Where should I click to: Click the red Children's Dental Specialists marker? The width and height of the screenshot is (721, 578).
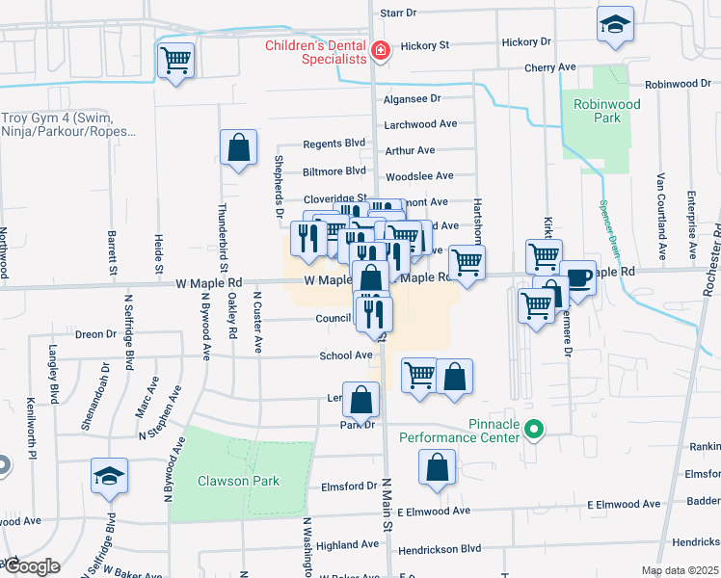pos(381,51)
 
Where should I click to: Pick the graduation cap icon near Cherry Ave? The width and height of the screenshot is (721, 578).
pos(614,26)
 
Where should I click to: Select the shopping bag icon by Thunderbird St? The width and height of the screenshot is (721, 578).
pos(238,148)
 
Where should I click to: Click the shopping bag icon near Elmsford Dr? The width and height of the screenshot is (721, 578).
pos(437,468)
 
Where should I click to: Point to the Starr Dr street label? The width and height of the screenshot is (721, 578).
pos(397,13)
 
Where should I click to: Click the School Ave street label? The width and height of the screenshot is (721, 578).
pos(346,355)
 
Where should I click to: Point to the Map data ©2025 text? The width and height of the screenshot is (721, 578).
pos(679,570)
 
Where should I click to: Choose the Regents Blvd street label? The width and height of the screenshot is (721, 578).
pos(334,144)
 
